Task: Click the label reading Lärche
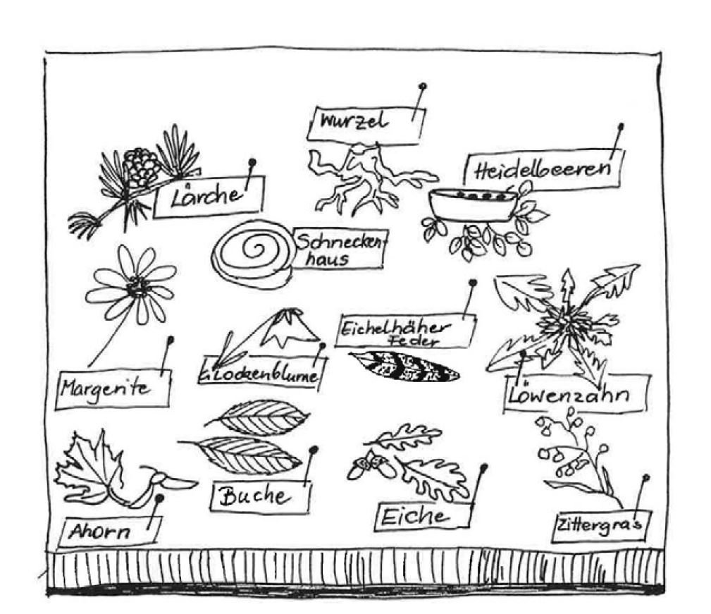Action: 207,195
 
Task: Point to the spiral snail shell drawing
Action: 252,253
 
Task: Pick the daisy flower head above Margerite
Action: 137,285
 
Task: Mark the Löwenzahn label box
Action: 576,394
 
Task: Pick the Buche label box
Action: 260,498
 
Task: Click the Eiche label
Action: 421,515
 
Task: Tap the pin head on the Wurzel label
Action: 422,87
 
